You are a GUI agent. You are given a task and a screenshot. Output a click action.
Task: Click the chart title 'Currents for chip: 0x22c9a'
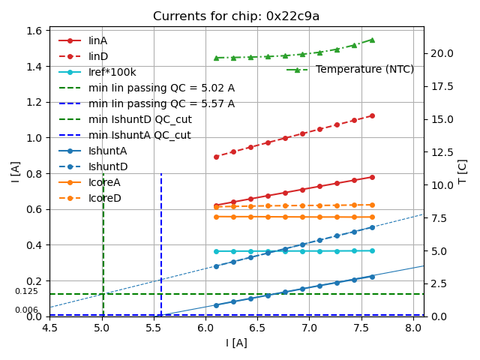(x=236, y=16)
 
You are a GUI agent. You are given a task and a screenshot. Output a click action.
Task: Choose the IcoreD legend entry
(x=105, y=198)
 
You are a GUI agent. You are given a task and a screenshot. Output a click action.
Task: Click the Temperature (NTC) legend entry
(x=364, y=70)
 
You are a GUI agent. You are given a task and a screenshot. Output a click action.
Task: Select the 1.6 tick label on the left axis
(x=35, y=31)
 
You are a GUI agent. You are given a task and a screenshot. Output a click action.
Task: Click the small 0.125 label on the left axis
(x=26, y=292)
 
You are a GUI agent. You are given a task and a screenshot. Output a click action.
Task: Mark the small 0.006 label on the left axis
(x=26, y=310)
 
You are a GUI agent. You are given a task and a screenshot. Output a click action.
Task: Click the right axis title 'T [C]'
(x=463, y=173)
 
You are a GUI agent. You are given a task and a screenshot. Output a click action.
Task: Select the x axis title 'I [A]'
(x=236, y=343)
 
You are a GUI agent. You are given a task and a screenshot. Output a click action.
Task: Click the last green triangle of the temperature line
(x=372, y=40)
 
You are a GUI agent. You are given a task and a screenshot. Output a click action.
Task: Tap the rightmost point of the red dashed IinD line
(x=372, y=115)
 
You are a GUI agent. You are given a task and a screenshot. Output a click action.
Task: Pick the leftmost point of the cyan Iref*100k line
(x=216, y=251)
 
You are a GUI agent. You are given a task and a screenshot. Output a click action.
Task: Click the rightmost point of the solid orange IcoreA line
(x=372, y=217)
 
